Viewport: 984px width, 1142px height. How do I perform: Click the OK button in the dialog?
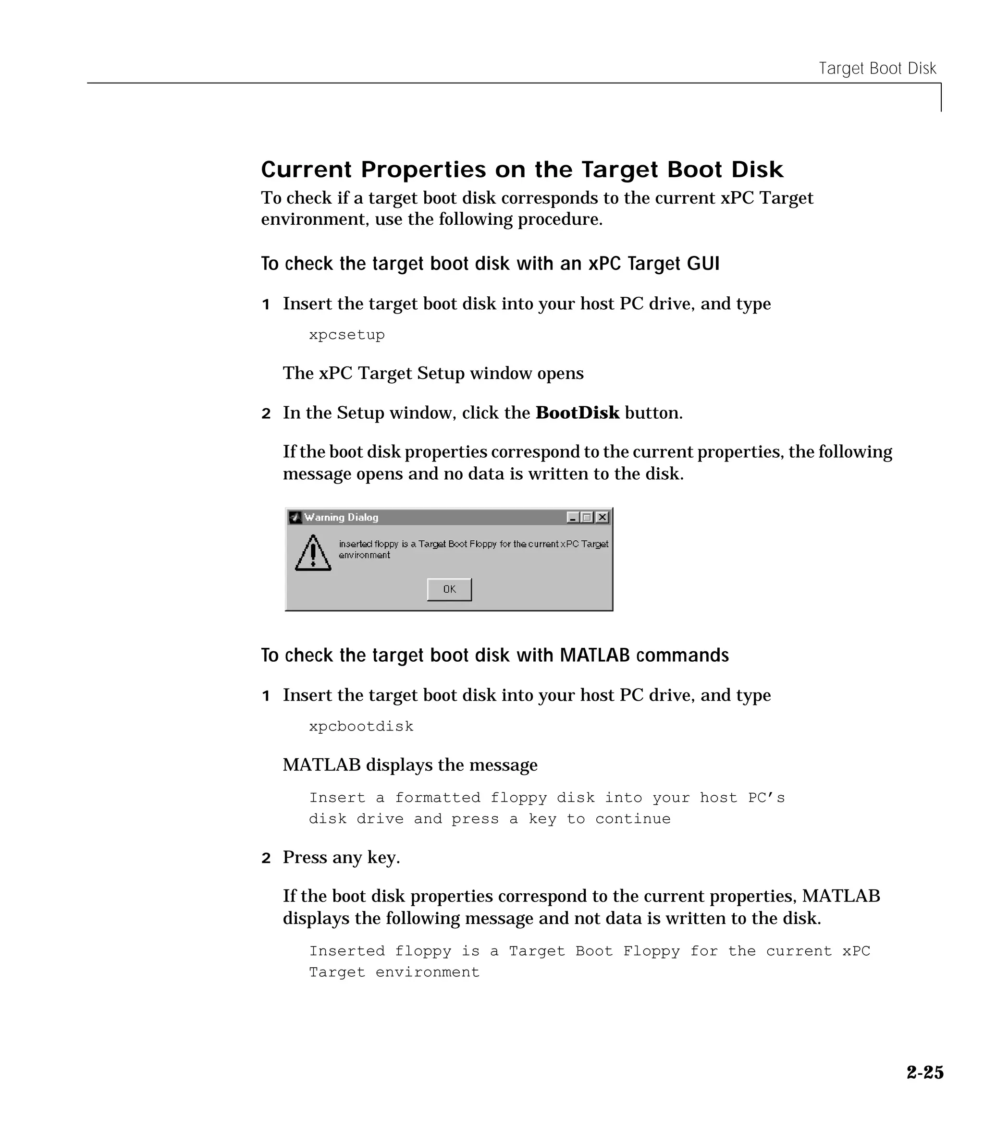(449, 589)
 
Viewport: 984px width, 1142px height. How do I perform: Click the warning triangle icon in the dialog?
(313, 553)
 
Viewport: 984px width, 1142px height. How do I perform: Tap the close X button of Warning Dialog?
(603, 517)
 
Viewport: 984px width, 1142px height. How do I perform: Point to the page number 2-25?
(925, 1072)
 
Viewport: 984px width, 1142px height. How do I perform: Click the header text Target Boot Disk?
(877, 68)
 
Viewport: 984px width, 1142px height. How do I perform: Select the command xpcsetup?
(346, 335)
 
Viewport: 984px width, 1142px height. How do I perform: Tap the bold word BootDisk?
(577, 413)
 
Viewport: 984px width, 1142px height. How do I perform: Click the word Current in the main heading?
(306, 169)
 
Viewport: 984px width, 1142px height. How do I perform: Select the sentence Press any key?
(341, 857)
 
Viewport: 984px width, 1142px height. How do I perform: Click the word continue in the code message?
(633, 818)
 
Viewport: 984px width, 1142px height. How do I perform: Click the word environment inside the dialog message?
(364, 555)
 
